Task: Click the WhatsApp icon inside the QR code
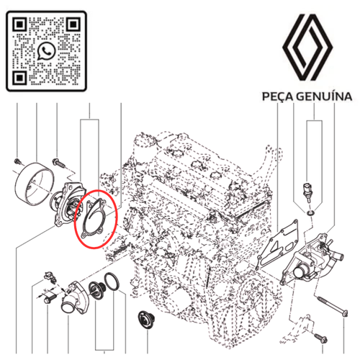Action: pos(48,50)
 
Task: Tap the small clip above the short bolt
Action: pos(49,275)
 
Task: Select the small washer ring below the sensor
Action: pos(309,213)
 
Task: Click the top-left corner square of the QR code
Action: pos(20,25)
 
